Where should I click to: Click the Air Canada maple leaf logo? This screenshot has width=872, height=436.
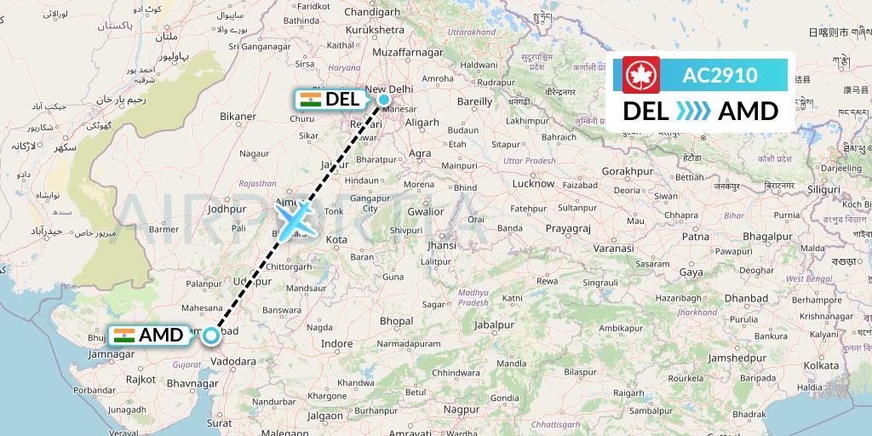coord(641,74)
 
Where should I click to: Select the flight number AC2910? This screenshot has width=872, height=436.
coord(720,75)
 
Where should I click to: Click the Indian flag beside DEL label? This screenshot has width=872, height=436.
coord(310,100)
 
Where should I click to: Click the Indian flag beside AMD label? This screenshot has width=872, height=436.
coord(124,335)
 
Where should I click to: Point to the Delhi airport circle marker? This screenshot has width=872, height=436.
coord(385,100)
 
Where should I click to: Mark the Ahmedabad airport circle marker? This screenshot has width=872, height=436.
coord(211,336)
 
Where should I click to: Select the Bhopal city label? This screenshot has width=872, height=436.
coord(396,321)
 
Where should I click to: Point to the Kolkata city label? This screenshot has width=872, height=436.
coord(820,364)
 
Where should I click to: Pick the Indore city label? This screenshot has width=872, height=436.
coord(336,344)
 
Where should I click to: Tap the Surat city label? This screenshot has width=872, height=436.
coord(220,422)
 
